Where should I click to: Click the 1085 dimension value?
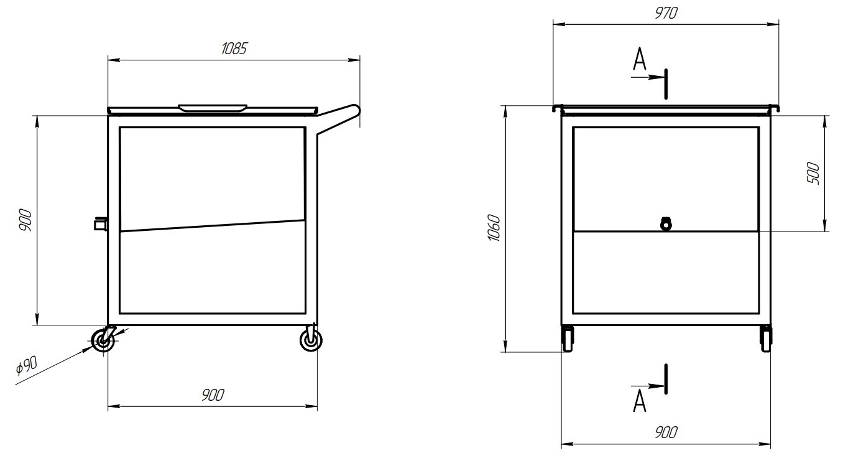(x=234, y=49)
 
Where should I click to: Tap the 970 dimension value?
(x=666, y=14)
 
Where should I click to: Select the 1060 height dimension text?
(x=494, y=228)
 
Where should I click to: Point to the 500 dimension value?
(x=814, y=174)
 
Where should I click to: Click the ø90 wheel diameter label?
(x=27, y=365)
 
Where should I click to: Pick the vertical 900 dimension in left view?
(x=25, y=220)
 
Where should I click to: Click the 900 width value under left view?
(x=213, y=395)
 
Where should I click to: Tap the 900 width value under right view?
(x=666, y=432)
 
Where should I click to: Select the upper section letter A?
(x=639, y=59)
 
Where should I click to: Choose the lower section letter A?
(x=639, y=401)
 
